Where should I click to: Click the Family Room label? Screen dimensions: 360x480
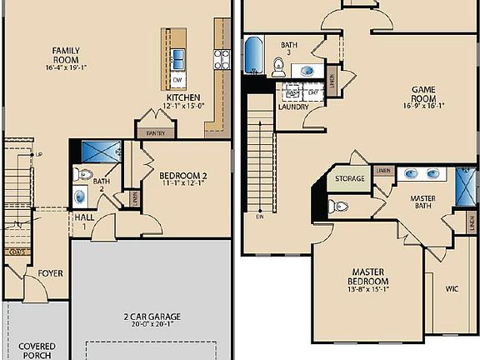[66, 56]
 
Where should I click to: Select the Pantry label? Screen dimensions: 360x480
[155, 133]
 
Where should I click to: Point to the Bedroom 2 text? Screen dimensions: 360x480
[182, 175]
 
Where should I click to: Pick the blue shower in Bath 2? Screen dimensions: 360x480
[102, 153]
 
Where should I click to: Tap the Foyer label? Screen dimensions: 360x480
[50, 272]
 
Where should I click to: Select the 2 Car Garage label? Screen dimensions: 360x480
[152, 317]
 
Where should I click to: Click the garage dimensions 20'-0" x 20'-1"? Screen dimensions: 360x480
[152, 326]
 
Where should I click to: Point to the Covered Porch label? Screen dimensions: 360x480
[37, 350]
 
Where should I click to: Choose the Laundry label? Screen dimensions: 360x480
[293, 106]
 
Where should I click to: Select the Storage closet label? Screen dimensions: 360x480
[349, 179]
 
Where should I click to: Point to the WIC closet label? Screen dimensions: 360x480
[452, 290]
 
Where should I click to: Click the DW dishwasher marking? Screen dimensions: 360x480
[177, 80]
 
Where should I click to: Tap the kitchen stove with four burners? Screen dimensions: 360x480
[222, 58]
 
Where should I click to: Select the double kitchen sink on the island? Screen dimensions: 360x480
[178, 58]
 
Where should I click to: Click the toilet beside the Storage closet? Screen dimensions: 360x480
[335, 205]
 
